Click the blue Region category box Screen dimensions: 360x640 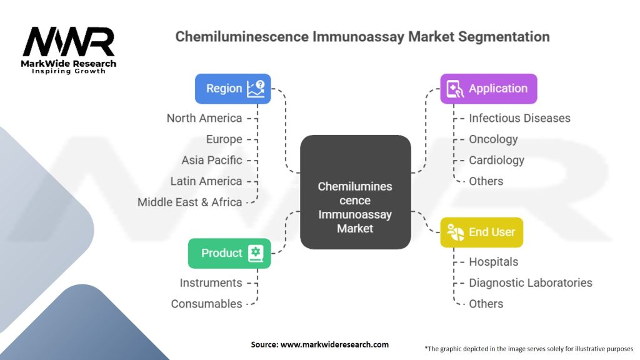click(232, 89)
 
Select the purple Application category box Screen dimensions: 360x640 click(488, 89)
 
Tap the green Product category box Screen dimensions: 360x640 click(229, 253)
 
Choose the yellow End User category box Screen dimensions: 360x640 click(481, 232)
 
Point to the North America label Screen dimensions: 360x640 click(204, 118)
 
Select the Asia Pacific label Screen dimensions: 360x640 click(211, 160)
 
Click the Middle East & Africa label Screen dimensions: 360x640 click(189, 202)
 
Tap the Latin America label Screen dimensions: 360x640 click(206, 181)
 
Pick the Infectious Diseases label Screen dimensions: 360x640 click(519, 118)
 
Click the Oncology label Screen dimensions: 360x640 click(493, 139)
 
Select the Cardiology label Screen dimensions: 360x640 click(496, 160)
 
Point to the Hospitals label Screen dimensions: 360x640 click(493, 262)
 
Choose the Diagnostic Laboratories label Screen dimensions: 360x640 click(530, 282)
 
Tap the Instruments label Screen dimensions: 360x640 click(211, 282)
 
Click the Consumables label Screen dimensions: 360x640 click(206, 304)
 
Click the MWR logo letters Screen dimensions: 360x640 click(69, 42)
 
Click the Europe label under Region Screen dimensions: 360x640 click(224, 139)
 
